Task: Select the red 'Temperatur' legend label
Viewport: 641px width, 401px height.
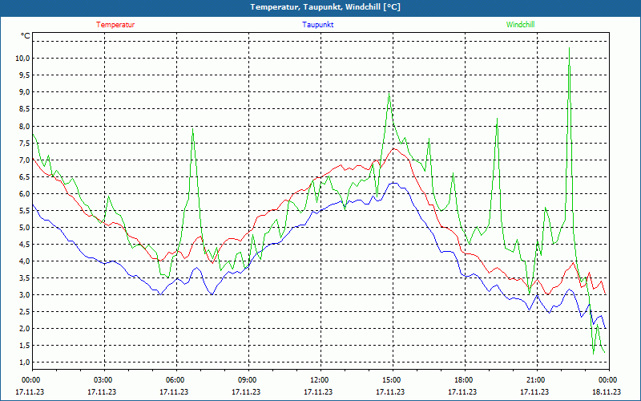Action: point(115,25)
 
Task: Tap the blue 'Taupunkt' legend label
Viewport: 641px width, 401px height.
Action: point(318,25)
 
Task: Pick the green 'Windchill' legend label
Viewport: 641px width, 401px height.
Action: point(520,25)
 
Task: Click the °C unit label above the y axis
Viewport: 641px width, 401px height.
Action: point(26,36)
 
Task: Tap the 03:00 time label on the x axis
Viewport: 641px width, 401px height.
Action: point(104,380)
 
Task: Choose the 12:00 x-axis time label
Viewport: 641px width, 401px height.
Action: point(320,380)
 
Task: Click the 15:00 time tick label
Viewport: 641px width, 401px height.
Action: point(392,380)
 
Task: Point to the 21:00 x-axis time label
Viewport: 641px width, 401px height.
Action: point(536,380)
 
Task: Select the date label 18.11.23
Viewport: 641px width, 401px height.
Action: point(606,391)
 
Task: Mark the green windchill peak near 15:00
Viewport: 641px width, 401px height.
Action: point(389,94)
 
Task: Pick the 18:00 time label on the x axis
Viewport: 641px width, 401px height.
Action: point(464,380)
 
